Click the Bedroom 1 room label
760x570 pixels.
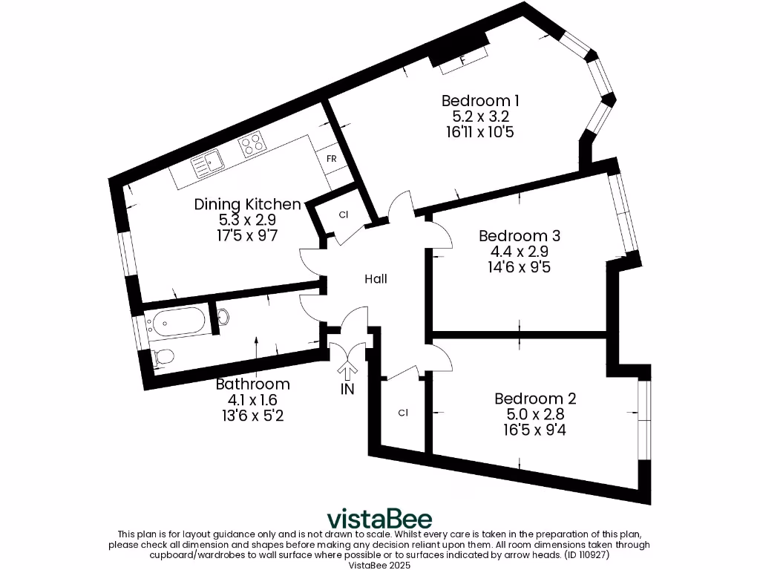pyautogui.click(x=480, y=100)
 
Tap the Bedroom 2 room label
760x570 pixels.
pyautogui.click(x=535, y=399)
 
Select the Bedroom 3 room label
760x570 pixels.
pyautogui.click(x=519, y=236)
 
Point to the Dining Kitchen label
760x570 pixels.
pyautogui.click(x=247, y=204)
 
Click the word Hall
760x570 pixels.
pyautogui.click(x=376, y=279)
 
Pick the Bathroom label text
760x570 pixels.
pyautogui.click(x=252, y=384)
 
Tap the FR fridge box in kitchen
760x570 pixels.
pyautogui.click(x=331, y=159)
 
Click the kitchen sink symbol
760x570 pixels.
pyautogui.click(x=209, y=161)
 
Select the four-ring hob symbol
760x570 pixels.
pyautogui.click(x=252, y=143)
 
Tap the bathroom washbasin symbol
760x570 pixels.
pyautogui.click(x=222, y=317)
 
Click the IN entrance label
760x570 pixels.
pyautogui.click(x=347, y=389)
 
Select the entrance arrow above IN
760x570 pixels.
pyautogui.click(x=347, y=369)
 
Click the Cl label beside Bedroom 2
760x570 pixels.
pyautogui.click(x=403, y=413)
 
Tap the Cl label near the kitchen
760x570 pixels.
pyautogui.click(x=343, y=215)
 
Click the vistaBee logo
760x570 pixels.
pyautogui.click(x=379, y=518)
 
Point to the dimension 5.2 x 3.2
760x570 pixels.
pyautogui.click(x=480, y=117)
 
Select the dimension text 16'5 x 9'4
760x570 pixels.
pyautogui.click(x=535, y=430)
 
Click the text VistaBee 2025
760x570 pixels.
pyautogui.click(x=379, y=564)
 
